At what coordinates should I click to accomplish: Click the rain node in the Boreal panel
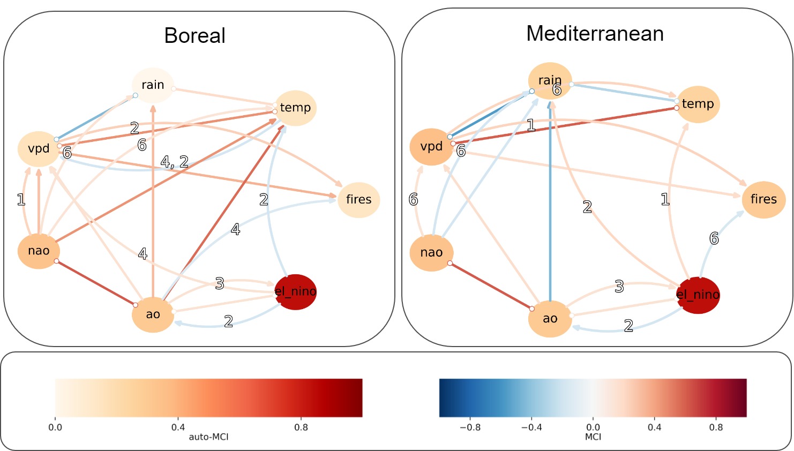coord(153,85)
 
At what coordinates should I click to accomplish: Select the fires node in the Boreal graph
coord(358,199)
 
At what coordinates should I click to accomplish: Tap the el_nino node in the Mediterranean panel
coord(698,295)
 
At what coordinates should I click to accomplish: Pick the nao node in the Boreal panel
coord(39,251)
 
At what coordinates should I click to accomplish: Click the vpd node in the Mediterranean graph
coord(431,146)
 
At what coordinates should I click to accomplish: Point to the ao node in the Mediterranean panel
coord(550,318)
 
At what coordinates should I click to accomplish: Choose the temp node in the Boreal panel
coord(295,108)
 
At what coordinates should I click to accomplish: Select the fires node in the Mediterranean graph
coord(763,199)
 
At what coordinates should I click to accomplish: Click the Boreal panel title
coord(194,36)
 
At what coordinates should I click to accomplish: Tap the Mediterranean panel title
coord(595,34)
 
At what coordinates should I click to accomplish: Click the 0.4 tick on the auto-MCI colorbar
coord(178,427)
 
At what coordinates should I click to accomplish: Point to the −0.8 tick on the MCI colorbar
coord(470,427)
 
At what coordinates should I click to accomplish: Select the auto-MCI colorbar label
coord(208,437)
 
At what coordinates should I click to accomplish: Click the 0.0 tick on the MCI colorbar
coord(593,427)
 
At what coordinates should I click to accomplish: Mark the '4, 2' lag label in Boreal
coord(175,162)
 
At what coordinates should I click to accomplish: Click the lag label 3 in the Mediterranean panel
coord(619,287)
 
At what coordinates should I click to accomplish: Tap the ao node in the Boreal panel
coord(153,314)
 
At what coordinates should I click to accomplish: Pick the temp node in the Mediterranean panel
coord(698,104)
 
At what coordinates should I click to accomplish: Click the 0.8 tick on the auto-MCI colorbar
coord(301,427)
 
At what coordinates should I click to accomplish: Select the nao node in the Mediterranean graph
coord(431,252)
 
